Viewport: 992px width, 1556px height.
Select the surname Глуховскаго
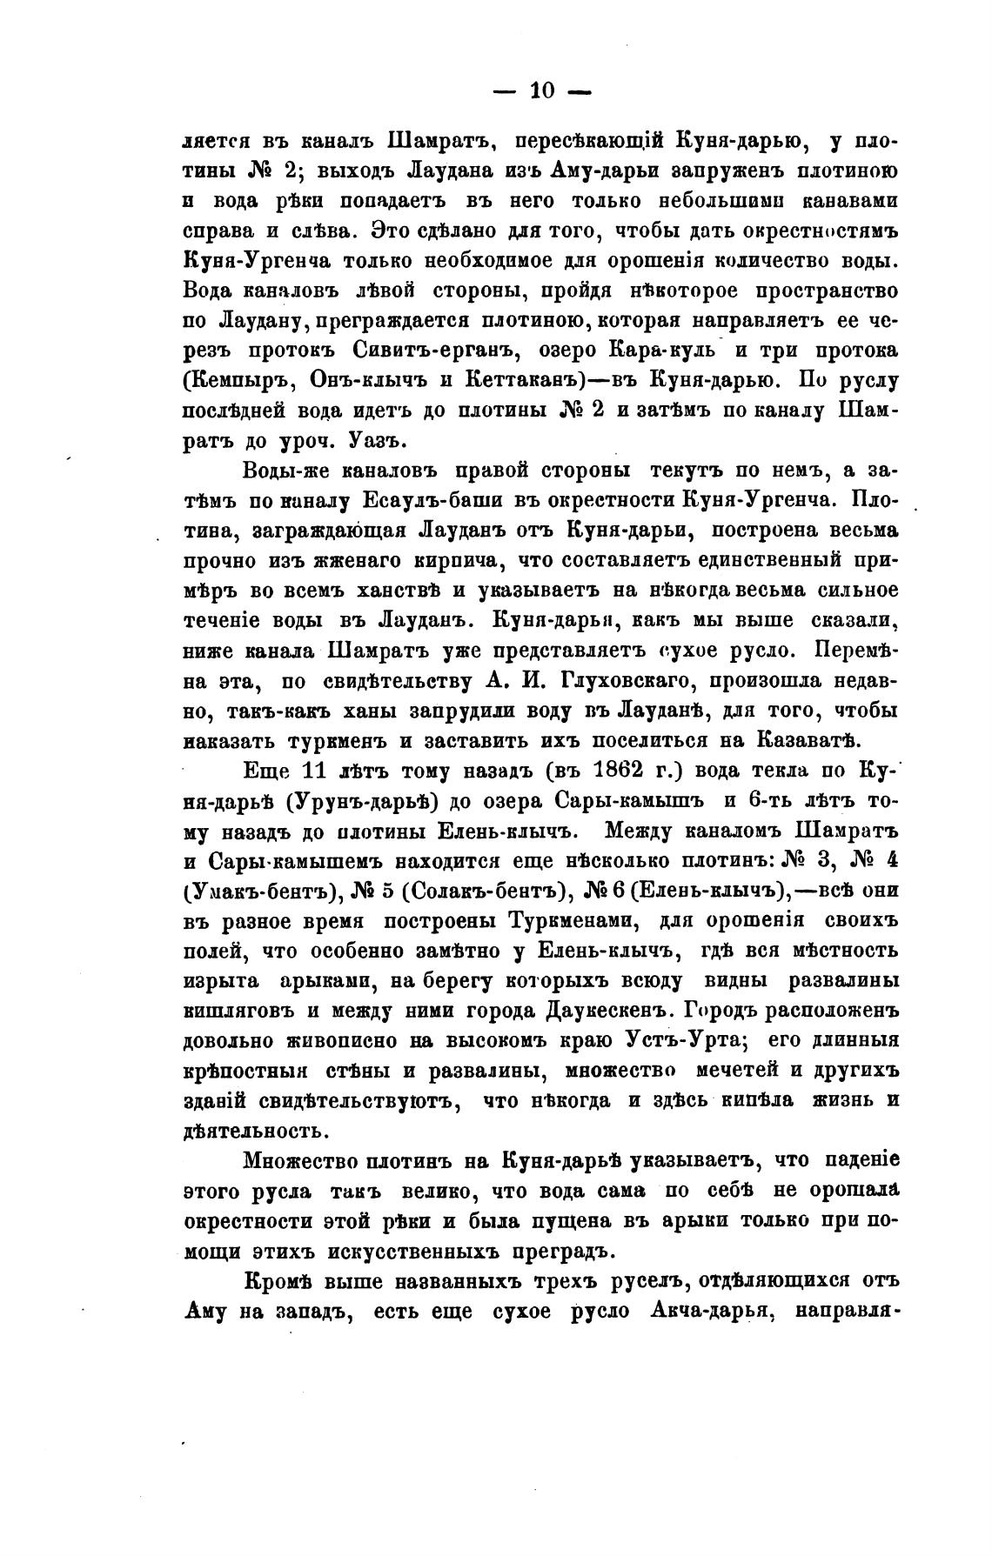[516, 680]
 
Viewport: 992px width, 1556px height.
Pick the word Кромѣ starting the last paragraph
[278, 1281]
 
